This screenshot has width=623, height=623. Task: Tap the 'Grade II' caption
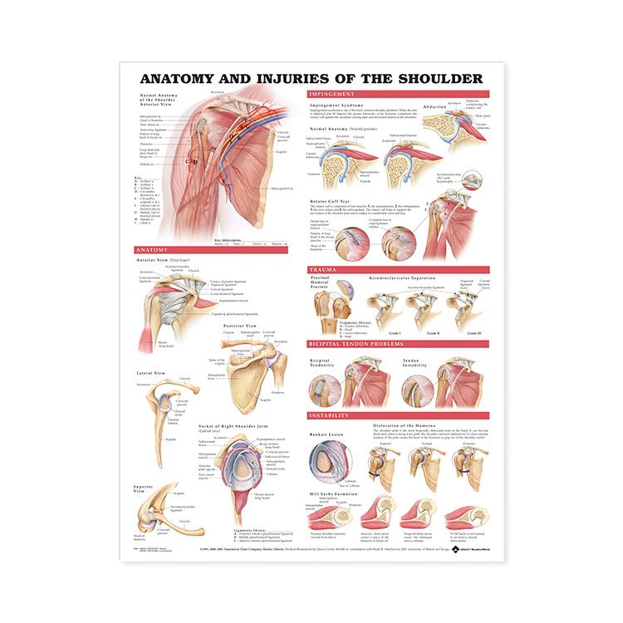(x=432, y=332)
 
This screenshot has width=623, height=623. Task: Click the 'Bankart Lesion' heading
(x=325, y=432)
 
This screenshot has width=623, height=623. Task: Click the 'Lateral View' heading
(x=150, y=373)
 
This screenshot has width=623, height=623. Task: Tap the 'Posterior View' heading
(x=241, y=326)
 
